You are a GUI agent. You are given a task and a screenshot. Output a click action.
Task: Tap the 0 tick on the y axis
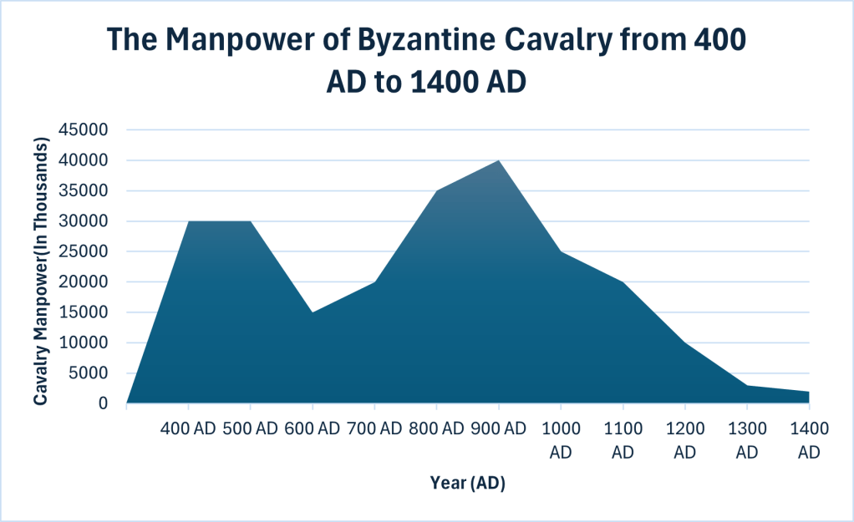tap(103, 403)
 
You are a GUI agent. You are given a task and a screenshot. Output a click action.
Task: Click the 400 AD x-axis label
tap(188, 429)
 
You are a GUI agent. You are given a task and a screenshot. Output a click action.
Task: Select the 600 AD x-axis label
tap(313, 429)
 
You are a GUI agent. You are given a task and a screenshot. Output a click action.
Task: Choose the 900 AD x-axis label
tap(499, 429)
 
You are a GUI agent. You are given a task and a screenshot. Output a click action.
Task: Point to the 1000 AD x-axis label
tap(561, 440)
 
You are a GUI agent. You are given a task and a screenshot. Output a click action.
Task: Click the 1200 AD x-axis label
tap(685, 440)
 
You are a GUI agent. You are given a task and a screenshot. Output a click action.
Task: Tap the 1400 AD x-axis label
tap(809, 440)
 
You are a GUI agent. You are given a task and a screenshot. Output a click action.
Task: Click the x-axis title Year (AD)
tap(468, 483)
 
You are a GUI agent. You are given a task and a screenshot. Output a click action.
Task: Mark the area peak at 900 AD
tap(499, 160)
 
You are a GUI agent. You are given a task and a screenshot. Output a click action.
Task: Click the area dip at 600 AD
tap(313, 312)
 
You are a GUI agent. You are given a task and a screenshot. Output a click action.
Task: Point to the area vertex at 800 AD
tap(437, 191)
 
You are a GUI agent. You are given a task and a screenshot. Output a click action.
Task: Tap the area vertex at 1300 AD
tap(747, 385)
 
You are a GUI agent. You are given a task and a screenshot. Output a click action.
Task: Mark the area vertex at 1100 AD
tap(623, 282)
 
